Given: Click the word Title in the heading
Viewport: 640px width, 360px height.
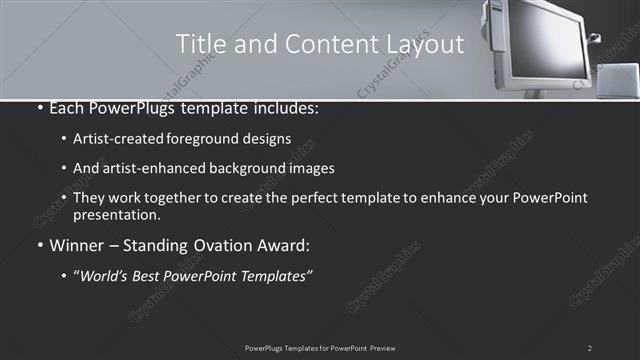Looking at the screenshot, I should coord(199,44).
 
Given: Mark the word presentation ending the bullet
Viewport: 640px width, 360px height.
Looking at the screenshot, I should coord(115,214).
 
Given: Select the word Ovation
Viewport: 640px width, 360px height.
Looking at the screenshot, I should coord(225,244).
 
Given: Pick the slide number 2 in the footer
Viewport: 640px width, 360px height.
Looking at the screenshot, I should coord(590,347).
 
